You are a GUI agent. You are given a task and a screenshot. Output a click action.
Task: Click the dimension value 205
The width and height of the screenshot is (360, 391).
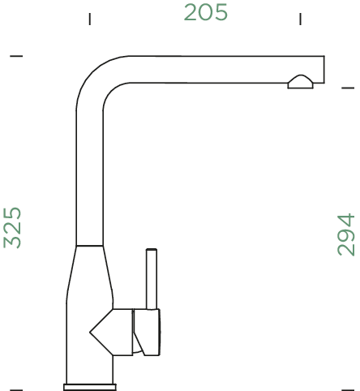(x=205, y=13)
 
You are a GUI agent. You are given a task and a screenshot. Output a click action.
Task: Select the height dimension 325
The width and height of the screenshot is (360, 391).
(x=12, y=226)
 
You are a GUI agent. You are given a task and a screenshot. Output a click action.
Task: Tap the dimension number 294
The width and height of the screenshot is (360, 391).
(x=346, y=234)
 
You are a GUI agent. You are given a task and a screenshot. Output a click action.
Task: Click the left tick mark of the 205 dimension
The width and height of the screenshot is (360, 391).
(x=89, y=19)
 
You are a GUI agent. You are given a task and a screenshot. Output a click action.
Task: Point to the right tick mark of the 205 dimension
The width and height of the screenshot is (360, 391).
(x=300, y=19)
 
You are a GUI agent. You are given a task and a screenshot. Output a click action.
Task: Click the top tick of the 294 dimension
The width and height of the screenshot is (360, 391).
(x=348, y=86)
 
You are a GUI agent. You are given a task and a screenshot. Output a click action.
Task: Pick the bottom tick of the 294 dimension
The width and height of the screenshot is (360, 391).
(x=348, y=389)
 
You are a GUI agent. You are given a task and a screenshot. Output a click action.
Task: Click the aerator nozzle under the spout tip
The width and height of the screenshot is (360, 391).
(x=299, y=80)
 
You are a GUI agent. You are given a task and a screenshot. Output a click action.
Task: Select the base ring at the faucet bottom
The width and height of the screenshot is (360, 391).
(x=90, y=386)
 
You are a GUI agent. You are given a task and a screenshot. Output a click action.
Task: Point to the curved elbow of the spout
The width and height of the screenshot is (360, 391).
(x=97, y=78)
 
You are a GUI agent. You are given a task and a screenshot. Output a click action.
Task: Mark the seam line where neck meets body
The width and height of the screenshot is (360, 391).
(x=89, y=244)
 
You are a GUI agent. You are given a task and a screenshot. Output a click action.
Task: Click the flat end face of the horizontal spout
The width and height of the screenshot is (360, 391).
(x=324, y=70)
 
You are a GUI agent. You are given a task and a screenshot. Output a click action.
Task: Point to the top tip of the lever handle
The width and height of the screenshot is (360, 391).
(x=150, y=251)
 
